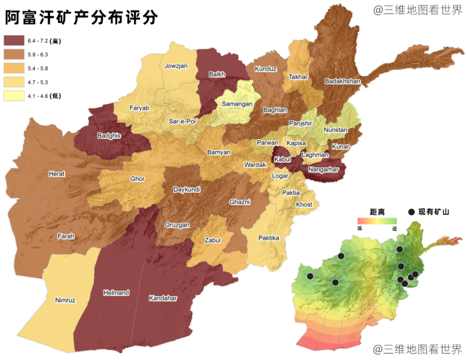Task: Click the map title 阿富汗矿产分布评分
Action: point(82,17)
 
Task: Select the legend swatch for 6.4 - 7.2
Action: point(13,41)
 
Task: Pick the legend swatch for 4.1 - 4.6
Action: point(13,96)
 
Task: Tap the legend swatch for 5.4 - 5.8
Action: point(13,68)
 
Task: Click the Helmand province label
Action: point(116,293)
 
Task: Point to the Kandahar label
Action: point(163,298)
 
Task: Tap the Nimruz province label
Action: point(65,300)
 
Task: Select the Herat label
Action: point(57,174)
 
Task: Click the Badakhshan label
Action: point(343,81)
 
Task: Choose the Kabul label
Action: point(282,159)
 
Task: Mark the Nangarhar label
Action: point(323,170)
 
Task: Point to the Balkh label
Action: point(217,74)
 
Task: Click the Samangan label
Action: point(237,104)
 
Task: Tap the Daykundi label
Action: point(186,190)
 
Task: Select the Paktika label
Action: point(269,238)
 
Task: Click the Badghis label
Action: point(109,136)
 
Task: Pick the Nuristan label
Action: point(336,130)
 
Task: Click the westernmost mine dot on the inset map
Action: point(310,276)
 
